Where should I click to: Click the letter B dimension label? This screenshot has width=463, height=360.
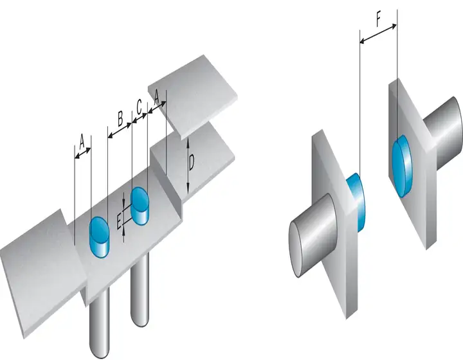pos(120,119)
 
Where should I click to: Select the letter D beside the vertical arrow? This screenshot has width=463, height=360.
pos(192,163)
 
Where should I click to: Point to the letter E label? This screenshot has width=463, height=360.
pos(118,221)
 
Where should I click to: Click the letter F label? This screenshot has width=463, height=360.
pos(379,21)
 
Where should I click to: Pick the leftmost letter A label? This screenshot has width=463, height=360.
pos(82,141)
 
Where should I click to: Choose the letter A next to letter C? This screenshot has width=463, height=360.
pos(156,96)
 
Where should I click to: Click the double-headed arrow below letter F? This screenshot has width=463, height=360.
pos(378,34)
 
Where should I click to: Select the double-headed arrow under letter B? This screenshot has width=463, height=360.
pos(120,130)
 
